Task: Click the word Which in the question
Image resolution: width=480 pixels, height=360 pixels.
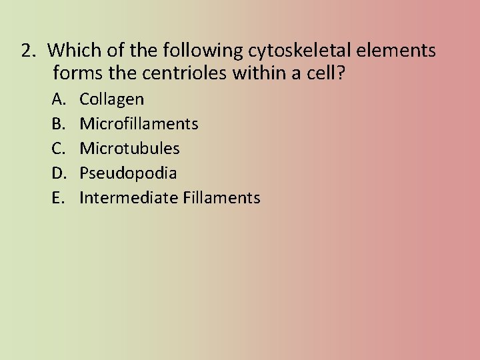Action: [70, 51]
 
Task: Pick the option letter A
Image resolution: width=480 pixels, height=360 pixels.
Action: [59, 100]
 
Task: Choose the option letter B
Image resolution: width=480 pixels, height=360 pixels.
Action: [59, 124]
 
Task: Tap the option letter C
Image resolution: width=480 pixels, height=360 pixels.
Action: [59, 149]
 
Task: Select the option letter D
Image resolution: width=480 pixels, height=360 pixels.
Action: [59, 173]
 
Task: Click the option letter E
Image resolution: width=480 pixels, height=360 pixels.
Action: [59, 198]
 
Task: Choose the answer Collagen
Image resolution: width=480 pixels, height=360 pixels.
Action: [111, 100]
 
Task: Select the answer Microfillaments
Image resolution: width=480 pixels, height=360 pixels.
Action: [139, 124]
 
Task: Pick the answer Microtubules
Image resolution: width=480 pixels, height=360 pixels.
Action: [129, 149]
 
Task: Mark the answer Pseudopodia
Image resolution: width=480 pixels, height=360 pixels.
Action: [128, 173]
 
